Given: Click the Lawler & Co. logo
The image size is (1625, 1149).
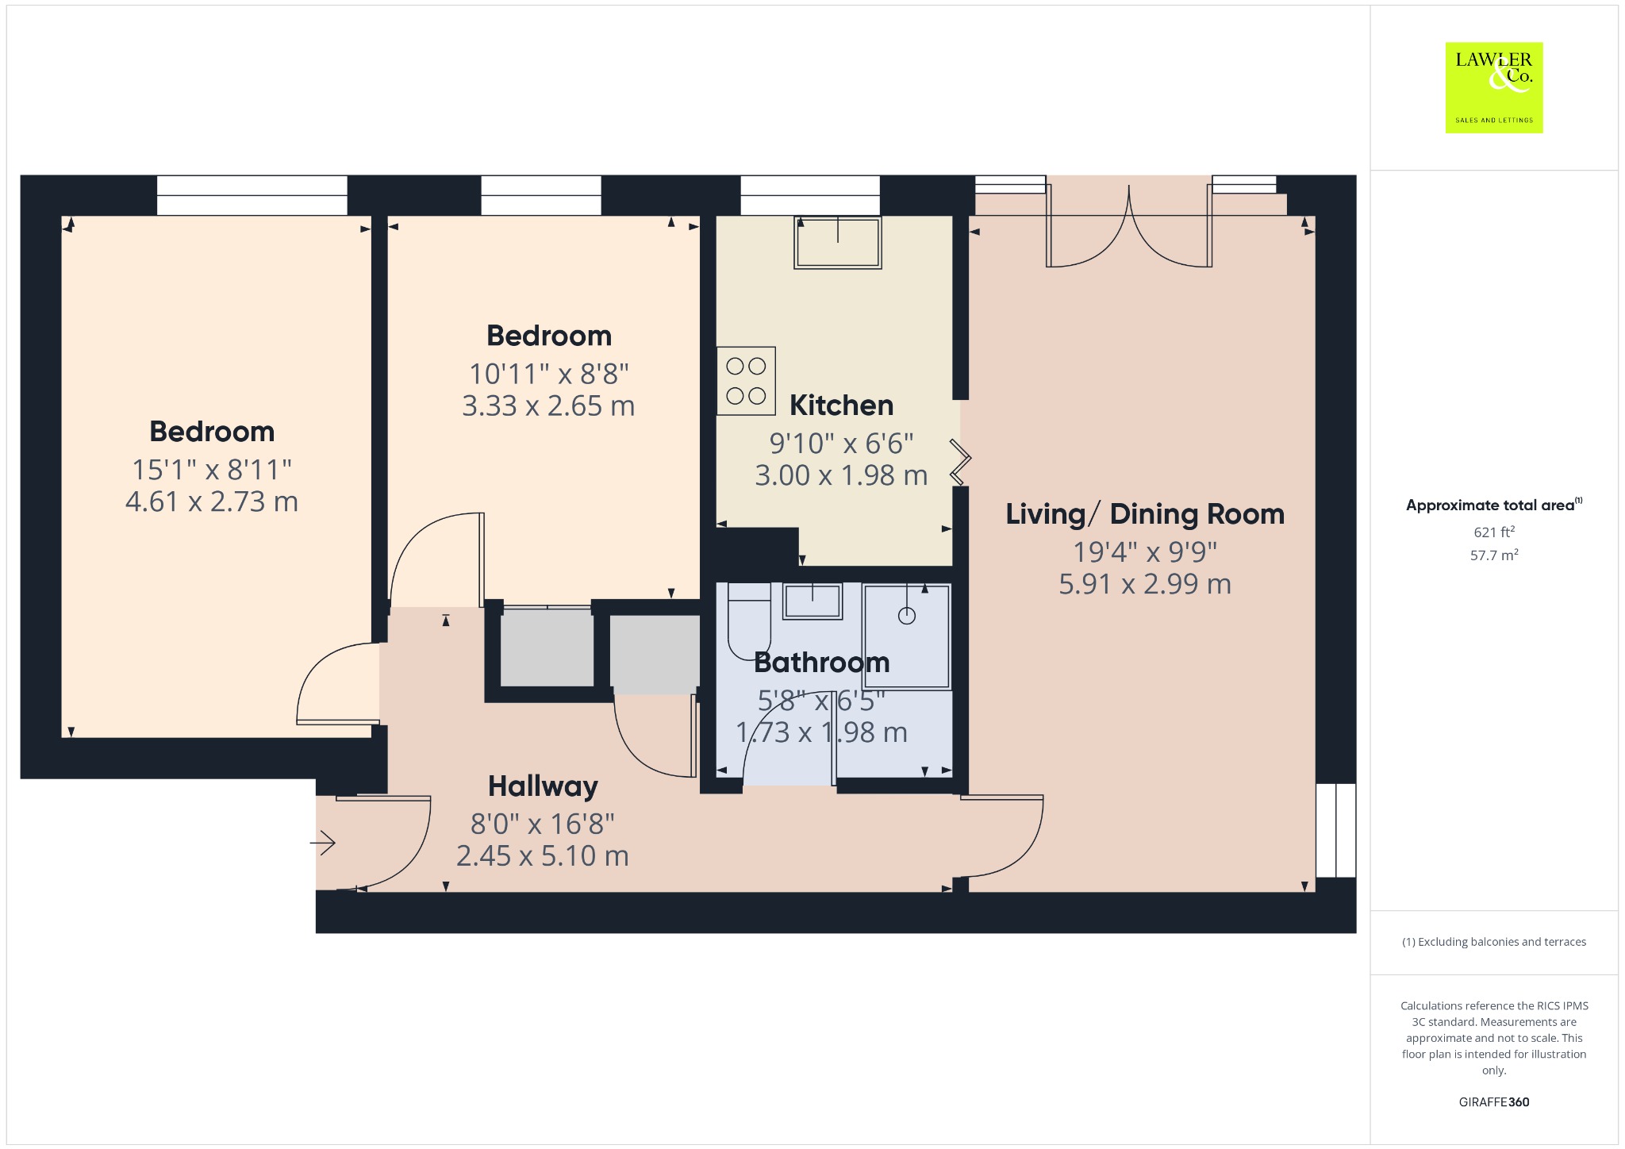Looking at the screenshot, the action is (1494, 87).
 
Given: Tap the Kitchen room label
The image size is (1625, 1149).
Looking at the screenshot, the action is (841, 405).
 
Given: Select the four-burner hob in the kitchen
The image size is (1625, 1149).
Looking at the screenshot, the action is (746, 381).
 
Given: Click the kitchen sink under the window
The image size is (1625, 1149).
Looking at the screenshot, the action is (838, 242).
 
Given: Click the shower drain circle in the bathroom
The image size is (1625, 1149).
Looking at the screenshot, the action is (907, 615).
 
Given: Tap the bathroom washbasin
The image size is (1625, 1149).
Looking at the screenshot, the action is (812, 601).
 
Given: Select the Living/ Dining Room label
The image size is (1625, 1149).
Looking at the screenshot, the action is (1145, 514).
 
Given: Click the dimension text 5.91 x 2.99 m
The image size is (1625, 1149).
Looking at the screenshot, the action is (1145, 584).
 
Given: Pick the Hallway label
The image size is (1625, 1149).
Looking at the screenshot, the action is (543, 786).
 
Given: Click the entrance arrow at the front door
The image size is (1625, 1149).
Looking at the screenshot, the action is (323, 842).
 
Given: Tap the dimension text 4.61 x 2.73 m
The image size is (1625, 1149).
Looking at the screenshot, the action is (212, 501).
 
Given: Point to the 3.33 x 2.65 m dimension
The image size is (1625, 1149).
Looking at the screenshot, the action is (548, 406).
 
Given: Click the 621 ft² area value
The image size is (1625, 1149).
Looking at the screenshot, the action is (1494, 532).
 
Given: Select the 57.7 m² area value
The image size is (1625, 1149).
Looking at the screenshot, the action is (1494, 555).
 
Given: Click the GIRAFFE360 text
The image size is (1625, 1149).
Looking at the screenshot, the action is (1494, 1101).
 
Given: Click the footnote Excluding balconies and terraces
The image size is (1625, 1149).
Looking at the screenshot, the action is (1494, 942).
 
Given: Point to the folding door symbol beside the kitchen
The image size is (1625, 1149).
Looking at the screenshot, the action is (961, 461).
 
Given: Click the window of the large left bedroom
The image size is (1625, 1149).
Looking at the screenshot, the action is (252, 195).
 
